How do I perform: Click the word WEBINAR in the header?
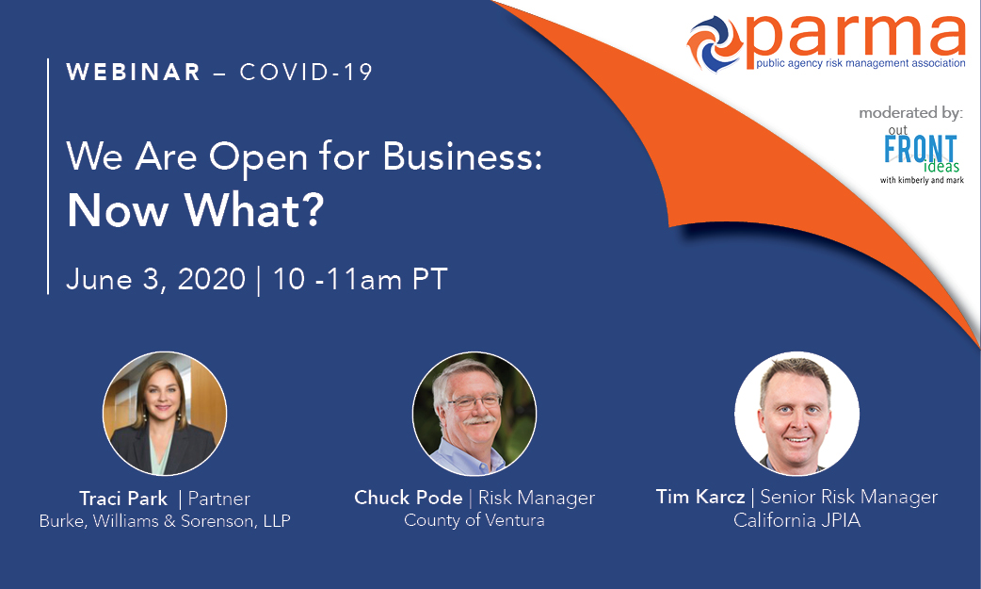pos(134,72)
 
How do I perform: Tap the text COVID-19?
pos(306,72)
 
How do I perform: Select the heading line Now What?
pos(196,210)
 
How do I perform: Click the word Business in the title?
pos(461,155)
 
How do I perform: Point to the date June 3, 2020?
pos(155,279)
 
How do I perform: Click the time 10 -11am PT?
pos(361,279)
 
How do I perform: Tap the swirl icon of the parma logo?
pos(715,43)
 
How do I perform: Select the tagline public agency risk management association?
pos(860,63)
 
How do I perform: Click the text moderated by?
pos(911,113)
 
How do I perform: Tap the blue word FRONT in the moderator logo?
pos(921,150)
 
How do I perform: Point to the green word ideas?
pos(941,166)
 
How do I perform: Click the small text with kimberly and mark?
pos(922,180)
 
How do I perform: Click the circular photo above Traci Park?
pos(165,414)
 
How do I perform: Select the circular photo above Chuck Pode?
pos(474,414)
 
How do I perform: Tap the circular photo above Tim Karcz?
pos(796,414)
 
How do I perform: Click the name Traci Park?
pos(123,499)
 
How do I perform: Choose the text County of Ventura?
pos(474,520)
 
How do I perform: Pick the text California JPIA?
pos(797,520)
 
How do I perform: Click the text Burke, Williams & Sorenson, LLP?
pos(165,521)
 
